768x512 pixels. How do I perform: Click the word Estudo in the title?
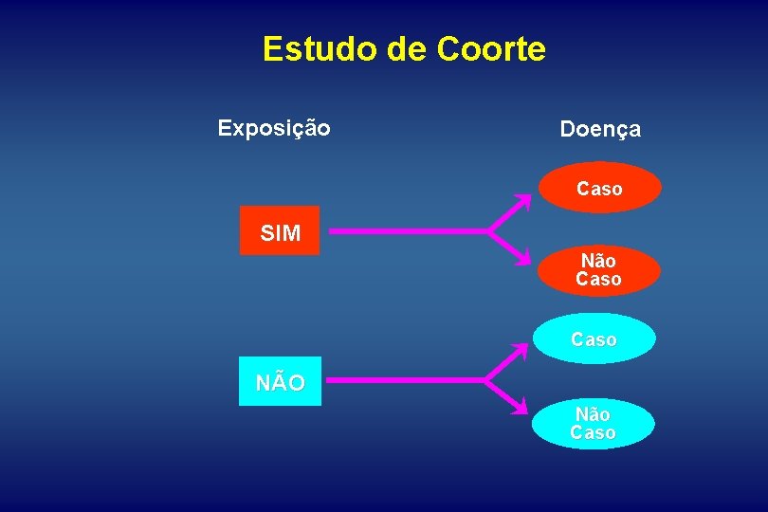click(x=320, y=48)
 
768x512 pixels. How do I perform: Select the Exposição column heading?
click(x=274, y=128)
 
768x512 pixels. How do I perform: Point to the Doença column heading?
click(x=600, y=129)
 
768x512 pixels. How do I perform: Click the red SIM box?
click(x=280, y=231)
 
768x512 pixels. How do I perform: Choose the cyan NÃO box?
click(x=280, y=381)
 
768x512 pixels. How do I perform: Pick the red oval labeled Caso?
click(x=599, y=188)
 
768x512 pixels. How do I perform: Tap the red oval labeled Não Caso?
click(x=598, y=270)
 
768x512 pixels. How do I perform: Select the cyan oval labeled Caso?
click(x=594, y=338)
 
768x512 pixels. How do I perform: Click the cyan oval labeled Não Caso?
click(x=593, y=424)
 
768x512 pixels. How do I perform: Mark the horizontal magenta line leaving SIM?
click(x=408, y=231)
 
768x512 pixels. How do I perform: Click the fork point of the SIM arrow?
click(x=490, y=231)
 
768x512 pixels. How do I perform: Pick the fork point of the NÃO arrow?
click(x=486, y=381)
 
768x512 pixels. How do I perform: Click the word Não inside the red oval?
click(x=598, y=261)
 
